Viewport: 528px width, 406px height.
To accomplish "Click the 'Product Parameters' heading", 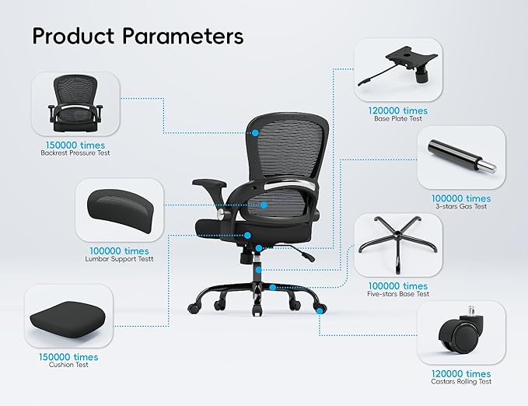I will tap(138, 37).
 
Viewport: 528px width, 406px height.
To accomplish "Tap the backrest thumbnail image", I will tap(75, 104).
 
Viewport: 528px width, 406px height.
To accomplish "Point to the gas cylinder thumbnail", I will tap(461, 158).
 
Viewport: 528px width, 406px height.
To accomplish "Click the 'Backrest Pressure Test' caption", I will tap(75, 153).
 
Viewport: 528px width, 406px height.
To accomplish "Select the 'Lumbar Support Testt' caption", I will tap(119, 259).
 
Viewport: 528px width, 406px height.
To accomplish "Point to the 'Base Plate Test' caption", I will tap(398, 120).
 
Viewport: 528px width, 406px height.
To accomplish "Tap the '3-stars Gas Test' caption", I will tap(461, 208).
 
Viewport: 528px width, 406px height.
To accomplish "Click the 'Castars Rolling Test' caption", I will tap(462, 382).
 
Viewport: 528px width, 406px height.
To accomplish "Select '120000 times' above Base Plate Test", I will tap(398, 111).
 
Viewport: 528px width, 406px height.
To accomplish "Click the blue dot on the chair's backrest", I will tap(254, 133).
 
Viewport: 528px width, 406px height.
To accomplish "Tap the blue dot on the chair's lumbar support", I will tap(264, 205).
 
